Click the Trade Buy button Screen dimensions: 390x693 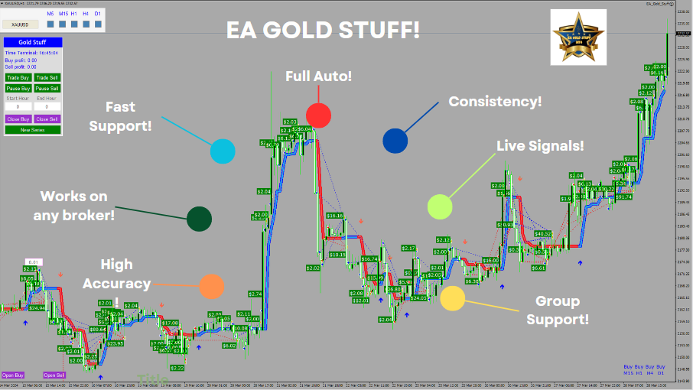[18, 77]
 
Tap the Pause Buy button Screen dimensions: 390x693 [18, 88]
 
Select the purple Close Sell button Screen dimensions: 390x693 [47, 119]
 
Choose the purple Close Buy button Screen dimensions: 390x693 [18, 119]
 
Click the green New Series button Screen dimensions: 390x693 [32, 130]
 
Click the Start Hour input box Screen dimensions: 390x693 [18, 107]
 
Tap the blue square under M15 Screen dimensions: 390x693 [63, 24]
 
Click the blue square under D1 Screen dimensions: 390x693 [98, 24]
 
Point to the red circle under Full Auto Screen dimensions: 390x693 [318, 115]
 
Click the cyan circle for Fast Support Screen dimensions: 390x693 [223, 151]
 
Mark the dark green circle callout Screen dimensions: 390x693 [199, 219]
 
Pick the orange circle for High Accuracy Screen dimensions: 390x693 [211, 287]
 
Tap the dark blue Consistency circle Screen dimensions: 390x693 [395, 141]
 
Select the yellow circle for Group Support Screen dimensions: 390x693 [452, 298]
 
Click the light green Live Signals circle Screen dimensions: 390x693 [440, 206]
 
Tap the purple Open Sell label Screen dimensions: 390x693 [54, 375]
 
